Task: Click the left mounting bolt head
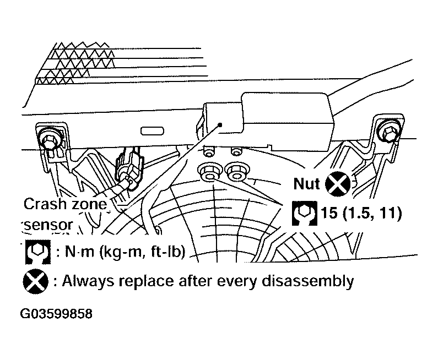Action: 50,138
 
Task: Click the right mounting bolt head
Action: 390,131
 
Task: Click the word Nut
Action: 306,184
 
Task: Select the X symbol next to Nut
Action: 338,184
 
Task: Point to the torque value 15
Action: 329,213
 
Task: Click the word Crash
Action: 45,204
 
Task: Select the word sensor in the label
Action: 48,225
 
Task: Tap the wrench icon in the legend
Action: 38,252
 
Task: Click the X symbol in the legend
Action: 35,281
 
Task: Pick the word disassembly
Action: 307,281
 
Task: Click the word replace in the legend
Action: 147,281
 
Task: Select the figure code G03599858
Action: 56,314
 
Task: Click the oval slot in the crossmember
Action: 152,131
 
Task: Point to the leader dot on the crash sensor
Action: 220,125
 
